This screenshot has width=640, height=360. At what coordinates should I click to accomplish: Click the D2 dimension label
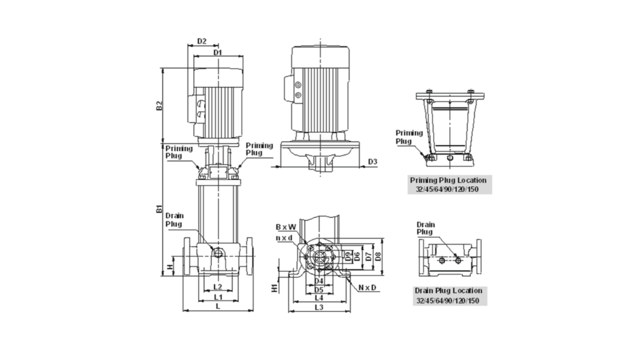pyautogui.click(x=202, y=41)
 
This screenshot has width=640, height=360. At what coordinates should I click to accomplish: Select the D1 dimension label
pyautogui.click(x=217, y=52)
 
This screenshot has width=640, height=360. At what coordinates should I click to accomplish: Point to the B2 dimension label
pyautogui.click(x=159, y=105)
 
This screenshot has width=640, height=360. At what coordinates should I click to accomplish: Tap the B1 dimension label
pyautogui.click(x=159, y=209)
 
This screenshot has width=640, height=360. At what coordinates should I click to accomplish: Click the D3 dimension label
pyautogui.click(x=372, y=162)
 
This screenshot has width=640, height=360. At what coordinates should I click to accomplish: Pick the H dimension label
pyautogui.click(x=170, y=267)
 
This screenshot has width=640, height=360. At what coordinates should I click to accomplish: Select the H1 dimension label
pyautogui.click(x=275, y=288)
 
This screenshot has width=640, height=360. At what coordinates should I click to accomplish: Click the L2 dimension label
pyautogui.click(x=217, y=287)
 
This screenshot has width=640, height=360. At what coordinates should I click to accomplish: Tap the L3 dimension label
pyautogui.click(x=319, y=307)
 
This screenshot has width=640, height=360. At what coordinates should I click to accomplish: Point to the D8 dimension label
pyautogui.click(x=378, y=257)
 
